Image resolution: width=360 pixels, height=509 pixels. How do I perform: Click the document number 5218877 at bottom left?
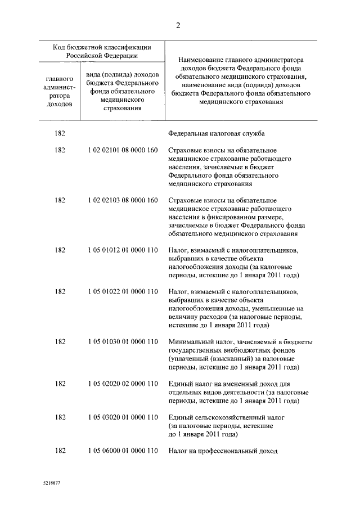[x=51, y=483]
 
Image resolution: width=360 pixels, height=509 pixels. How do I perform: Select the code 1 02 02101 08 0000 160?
[x=122, y=151]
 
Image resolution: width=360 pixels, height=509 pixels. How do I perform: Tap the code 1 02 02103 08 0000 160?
[x=122, y=200]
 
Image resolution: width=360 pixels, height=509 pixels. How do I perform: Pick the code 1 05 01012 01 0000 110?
[x=122, y=250]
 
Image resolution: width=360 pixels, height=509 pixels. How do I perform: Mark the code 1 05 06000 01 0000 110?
[x=122, y=451]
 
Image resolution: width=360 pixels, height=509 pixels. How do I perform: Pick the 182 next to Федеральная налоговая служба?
[x=60, y=134]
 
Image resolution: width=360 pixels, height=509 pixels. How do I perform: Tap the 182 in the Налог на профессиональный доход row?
[x=60, y=451]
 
